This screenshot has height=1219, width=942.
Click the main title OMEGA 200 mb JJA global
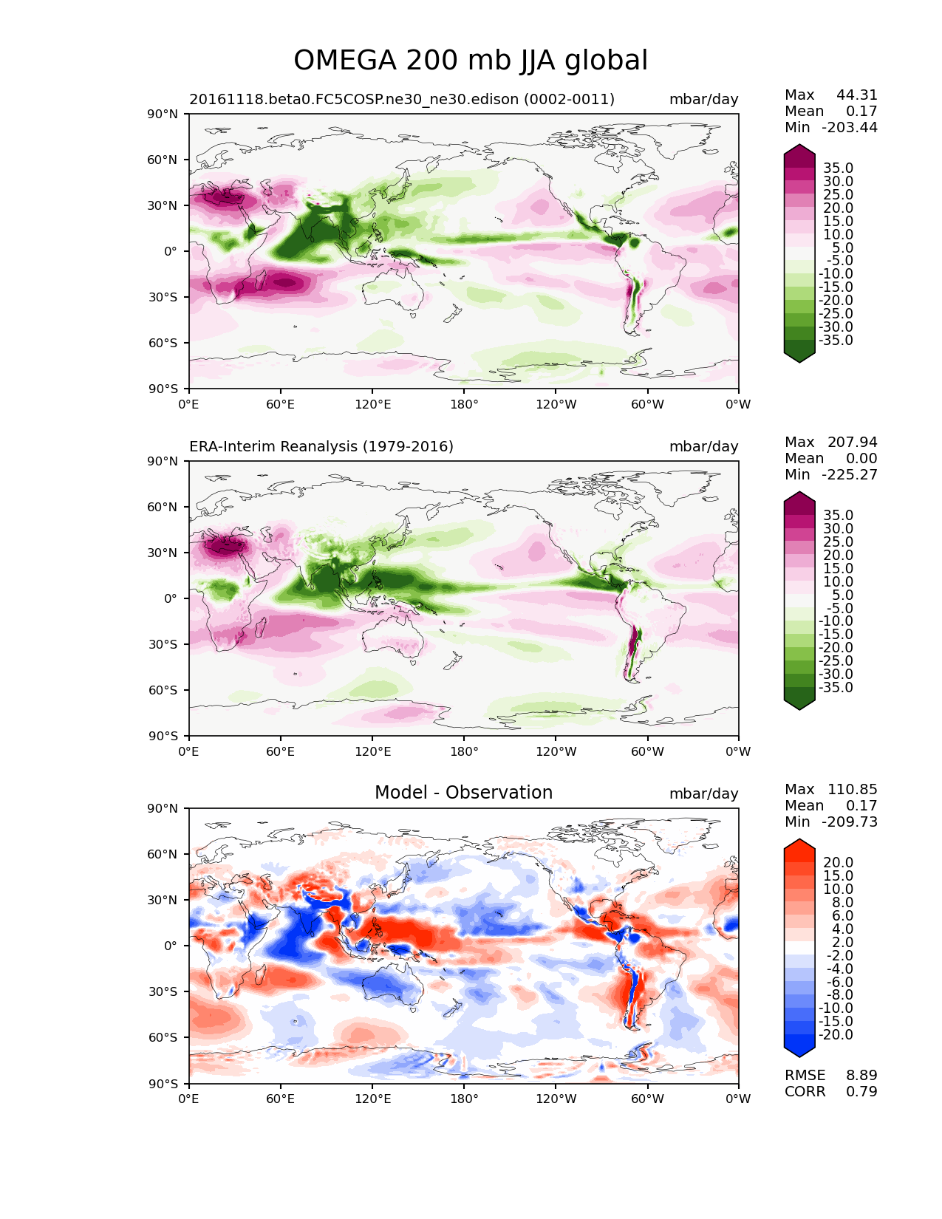tap(471, 61)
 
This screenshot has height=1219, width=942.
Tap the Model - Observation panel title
tap(463, 793)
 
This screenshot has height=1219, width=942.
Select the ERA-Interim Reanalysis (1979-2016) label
tap(321, 447)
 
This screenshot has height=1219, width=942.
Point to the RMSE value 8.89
tap(861, 1076)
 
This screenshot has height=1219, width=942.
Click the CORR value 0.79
tap(861, 1092)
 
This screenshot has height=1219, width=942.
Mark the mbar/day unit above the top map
tap(703, 100)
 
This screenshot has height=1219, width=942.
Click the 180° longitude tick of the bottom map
tap(464, 1099)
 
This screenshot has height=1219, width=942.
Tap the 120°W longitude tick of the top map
tap(556, 404)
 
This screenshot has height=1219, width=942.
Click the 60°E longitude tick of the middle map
tap(281, 751)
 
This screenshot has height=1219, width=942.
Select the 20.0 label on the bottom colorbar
tap(838, 863)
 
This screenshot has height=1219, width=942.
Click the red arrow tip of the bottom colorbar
tap(799, 844)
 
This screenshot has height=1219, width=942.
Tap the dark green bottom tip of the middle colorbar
tap(799, 705)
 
